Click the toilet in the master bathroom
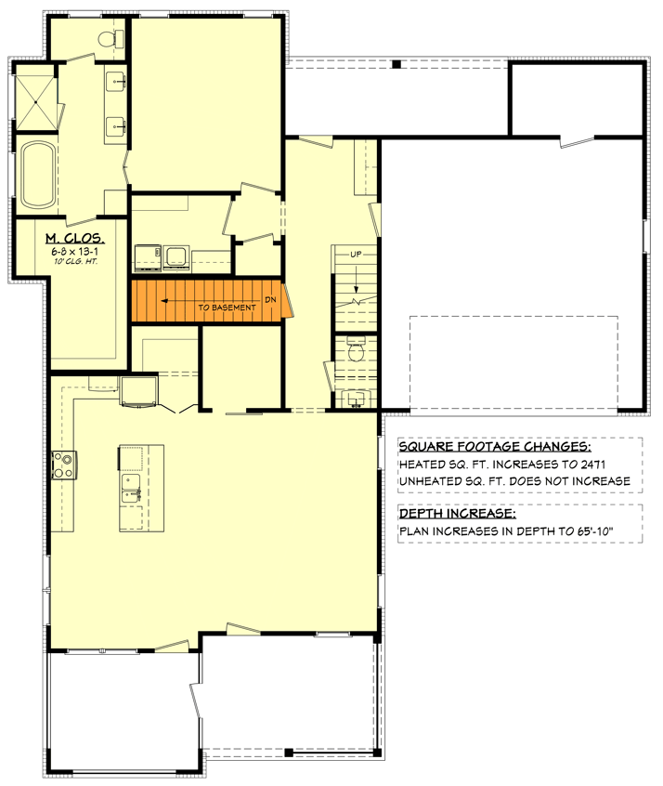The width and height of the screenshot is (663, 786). point(116,38)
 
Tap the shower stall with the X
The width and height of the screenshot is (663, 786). point(35,101)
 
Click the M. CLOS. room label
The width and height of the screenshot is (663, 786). point(74,239)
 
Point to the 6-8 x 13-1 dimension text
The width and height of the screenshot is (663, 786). point(74,252)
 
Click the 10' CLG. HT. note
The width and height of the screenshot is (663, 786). point(75,263)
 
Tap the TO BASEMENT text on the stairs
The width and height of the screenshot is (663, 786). point(227,307)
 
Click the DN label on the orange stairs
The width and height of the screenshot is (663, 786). point(270,299)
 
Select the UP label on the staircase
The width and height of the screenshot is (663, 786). point(356,254)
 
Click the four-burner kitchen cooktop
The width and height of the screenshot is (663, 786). point(63,464)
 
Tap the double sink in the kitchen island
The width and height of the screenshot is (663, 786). point(130,486)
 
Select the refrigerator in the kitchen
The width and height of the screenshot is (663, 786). point(138,391)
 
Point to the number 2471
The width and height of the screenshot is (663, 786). point(606,464)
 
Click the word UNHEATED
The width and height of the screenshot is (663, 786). point(432,480)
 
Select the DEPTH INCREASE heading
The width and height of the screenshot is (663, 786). point(457,515)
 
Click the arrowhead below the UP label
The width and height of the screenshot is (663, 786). point(356,289)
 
